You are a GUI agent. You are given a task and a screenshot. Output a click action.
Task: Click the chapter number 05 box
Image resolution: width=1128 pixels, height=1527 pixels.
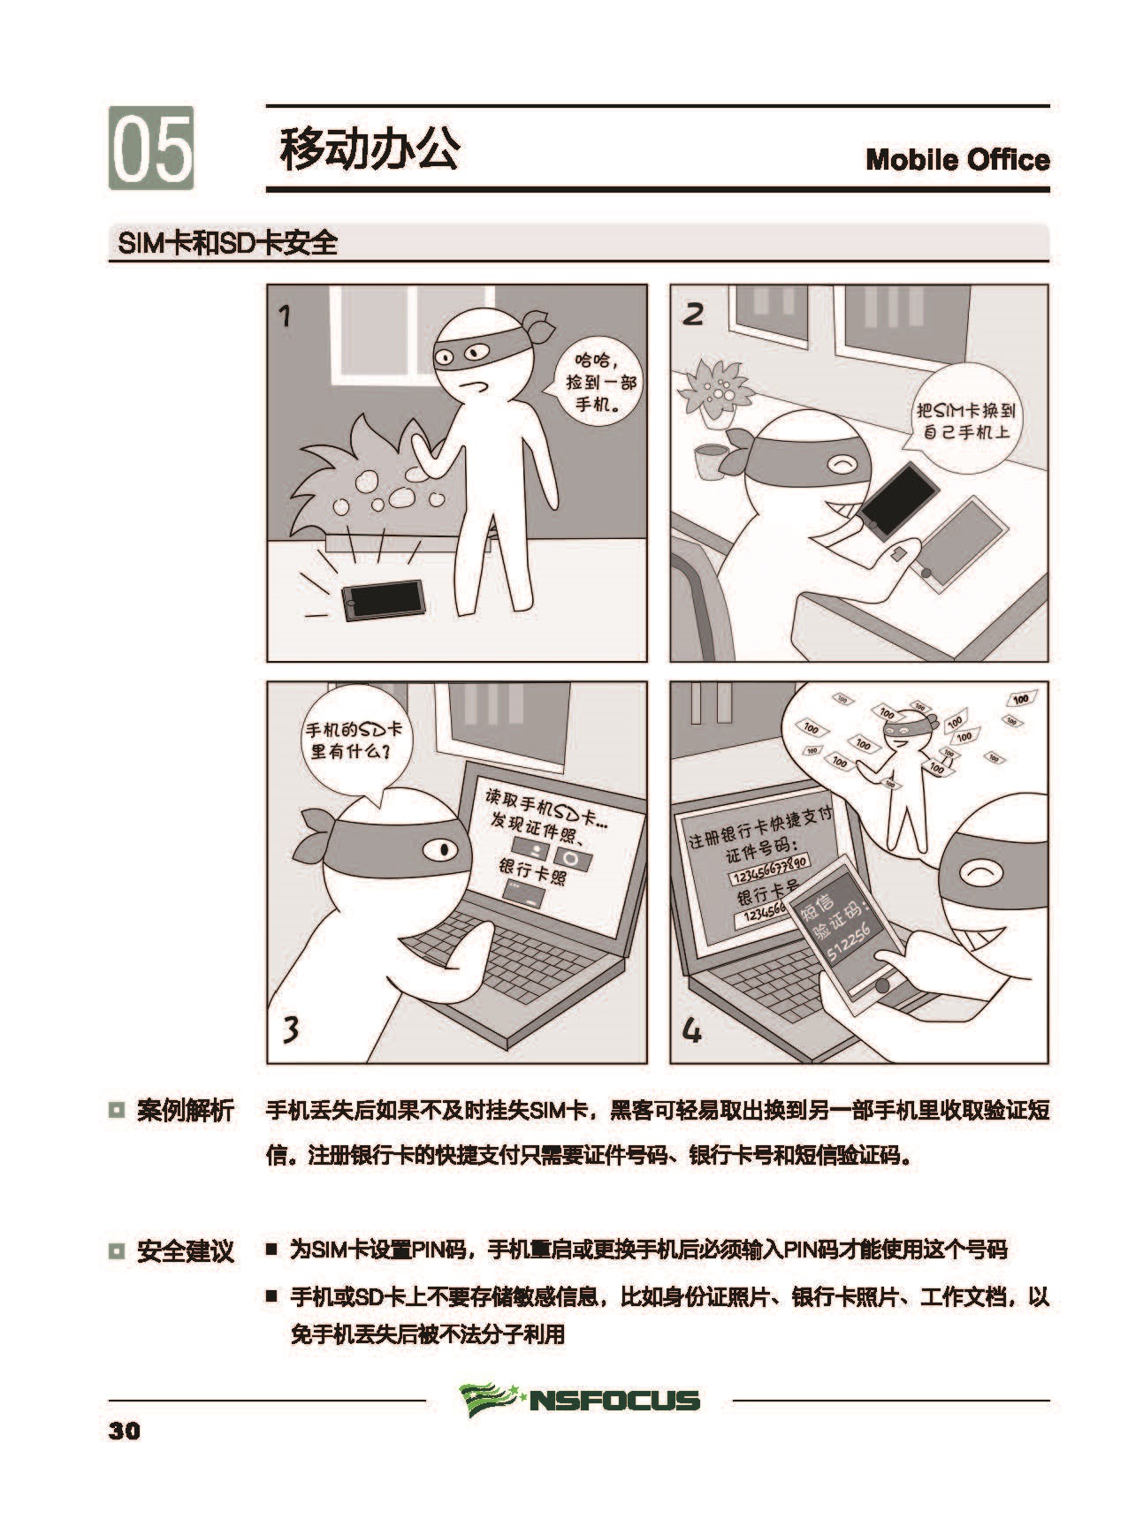click(151, 148)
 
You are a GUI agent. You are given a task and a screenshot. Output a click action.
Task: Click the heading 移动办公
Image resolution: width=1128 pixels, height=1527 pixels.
click(370, 148)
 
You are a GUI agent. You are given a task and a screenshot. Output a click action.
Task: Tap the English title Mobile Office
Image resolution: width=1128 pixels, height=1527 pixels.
click(957, 160)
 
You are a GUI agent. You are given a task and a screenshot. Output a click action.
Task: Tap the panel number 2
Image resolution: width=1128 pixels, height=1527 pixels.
click(694, 314)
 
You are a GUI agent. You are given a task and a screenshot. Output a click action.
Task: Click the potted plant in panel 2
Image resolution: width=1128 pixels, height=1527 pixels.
click(714, 393)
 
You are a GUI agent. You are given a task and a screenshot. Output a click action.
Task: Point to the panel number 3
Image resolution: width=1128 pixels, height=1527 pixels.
click(291, 1029)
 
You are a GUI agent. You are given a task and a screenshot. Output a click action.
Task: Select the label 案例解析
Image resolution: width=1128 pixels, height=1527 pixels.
click(185, 1110)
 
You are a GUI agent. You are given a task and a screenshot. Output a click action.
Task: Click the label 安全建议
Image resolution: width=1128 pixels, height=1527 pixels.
click(185, 1250)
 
